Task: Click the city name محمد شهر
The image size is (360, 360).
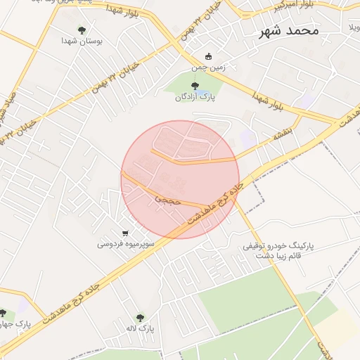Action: (289, 31)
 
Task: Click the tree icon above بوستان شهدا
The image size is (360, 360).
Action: (82, 30)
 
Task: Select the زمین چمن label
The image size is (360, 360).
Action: (207, 68)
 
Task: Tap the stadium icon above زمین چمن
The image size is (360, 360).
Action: (207, 57)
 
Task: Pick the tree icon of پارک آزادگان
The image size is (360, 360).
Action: (195, 86)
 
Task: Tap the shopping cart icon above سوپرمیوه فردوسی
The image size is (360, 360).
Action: (125, 233)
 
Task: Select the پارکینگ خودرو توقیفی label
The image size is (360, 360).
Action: (278, 247)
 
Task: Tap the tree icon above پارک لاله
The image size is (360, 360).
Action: (140, 318)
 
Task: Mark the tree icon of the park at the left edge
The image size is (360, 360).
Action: (3, 313)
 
